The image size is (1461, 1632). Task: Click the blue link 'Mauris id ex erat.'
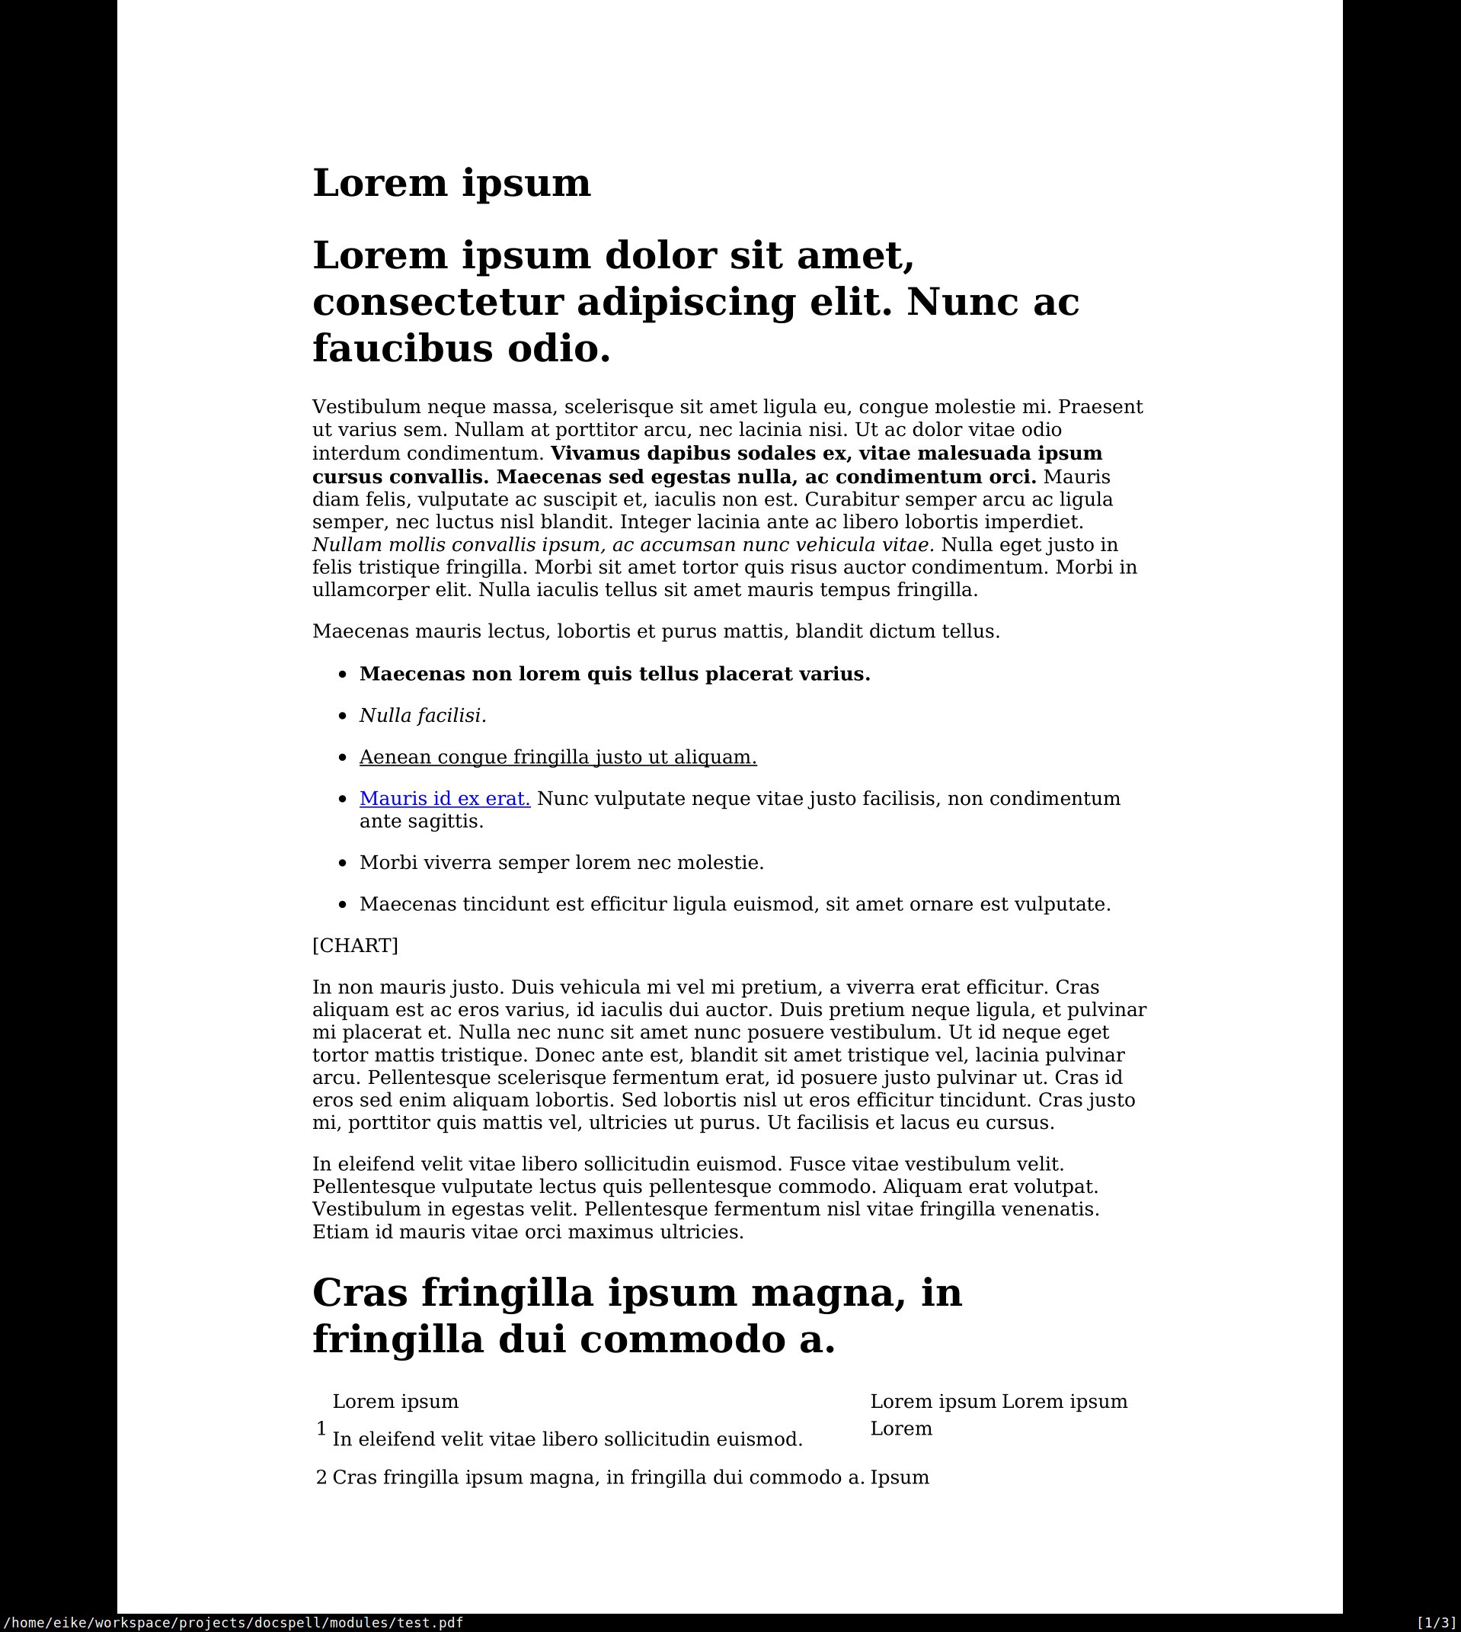click(x=445, y=799)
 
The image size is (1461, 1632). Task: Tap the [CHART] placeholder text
click(x=355, y=945)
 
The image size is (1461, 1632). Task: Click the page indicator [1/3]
click(x=1435, y=1622)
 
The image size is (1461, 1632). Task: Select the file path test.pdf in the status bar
click(x=232, y=1622)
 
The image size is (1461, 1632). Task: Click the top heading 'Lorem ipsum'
click(x=451, y=183)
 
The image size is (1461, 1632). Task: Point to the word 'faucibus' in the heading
click(x=401, y=349)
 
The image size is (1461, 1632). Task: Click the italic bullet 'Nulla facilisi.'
click(x=422, y=716)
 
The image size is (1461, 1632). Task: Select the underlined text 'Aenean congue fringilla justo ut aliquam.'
click(x=558, y=758)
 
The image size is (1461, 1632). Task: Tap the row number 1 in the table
click(x=321, y=1428)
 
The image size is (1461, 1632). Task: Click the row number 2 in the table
click(x=321, y=1478)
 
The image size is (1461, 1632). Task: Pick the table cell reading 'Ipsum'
click(x=900, y=1478)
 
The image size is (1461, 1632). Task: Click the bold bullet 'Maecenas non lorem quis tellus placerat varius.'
click(x=615, y=674)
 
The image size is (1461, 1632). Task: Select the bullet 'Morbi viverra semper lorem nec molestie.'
click(x=561, y=863)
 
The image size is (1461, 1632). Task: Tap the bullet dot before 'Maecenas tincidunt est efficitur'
click(x=343, y=905)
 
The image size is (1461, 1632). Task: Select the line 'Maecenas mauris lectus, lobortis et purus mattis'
click(x=656, y=631)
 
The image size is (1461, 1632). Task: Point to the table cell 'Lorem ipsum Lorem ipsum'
click(x=999, y=1402)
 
